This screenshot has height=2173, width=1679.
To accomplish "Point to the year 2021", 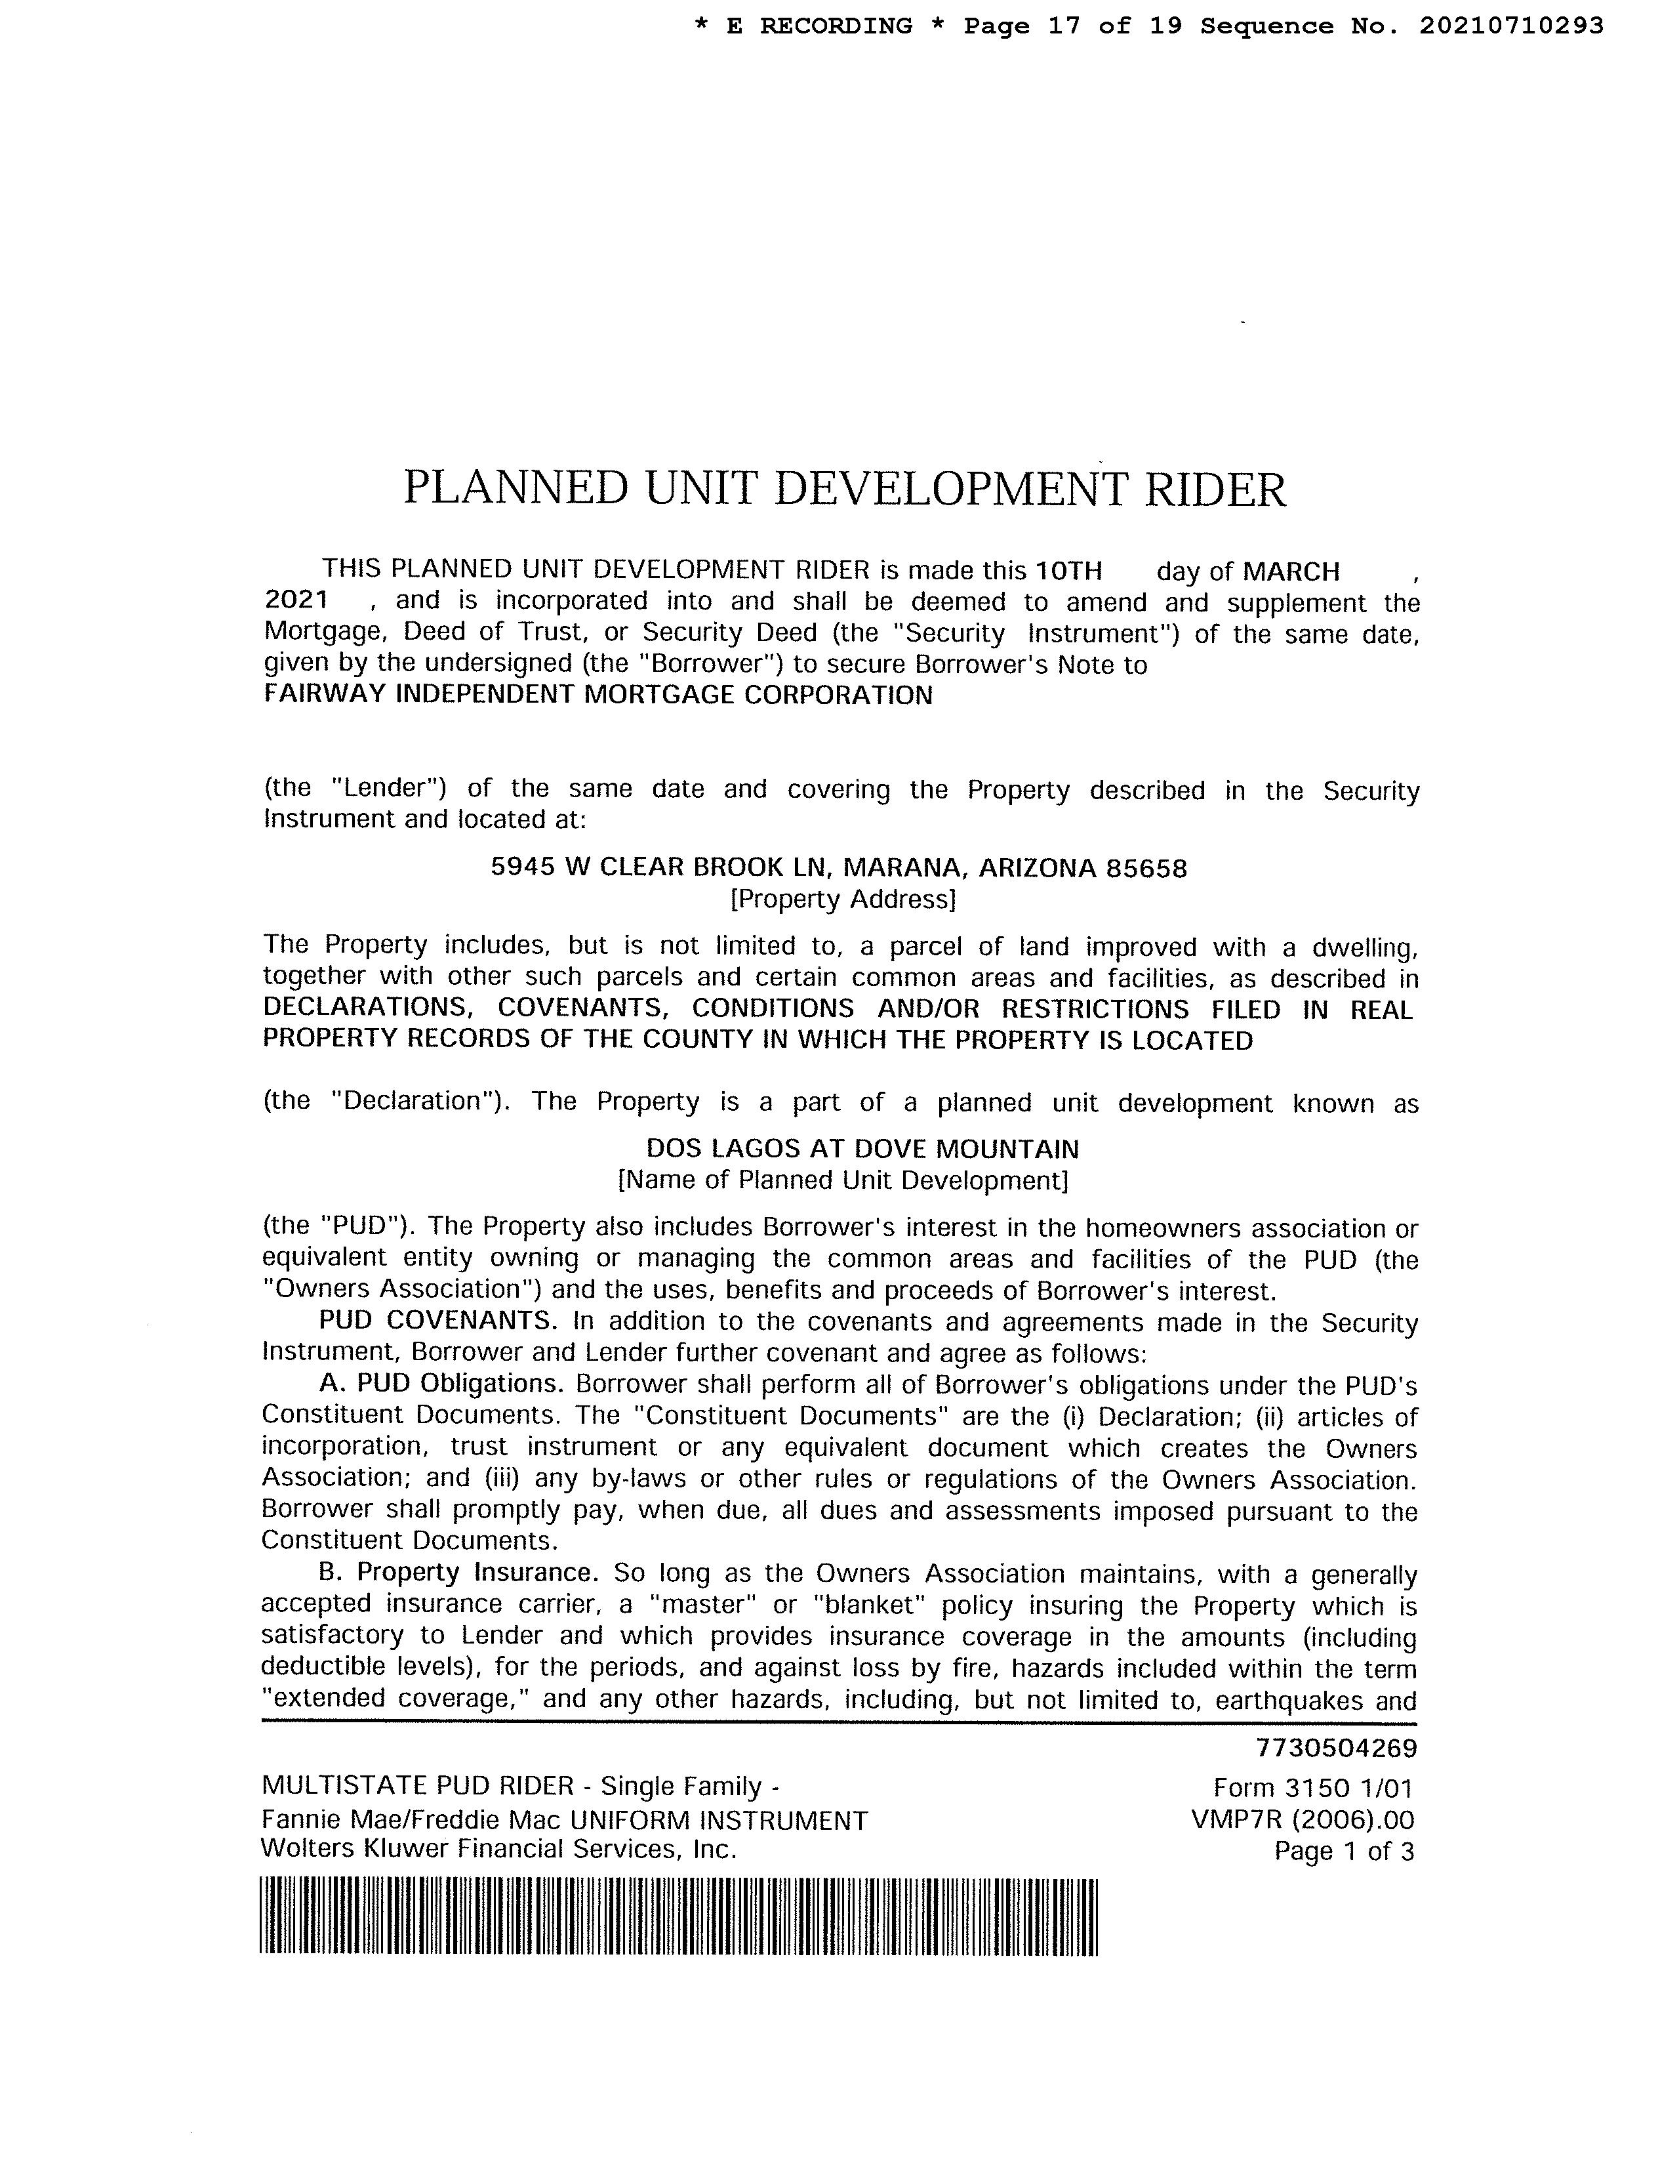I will tap(295, 601).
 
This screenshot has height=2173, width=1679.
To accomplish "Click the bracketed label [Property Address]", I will tap(843, 900).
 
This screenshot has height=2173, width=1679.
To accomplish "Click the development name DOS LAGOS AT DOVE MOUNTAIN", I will tap(862, 1149).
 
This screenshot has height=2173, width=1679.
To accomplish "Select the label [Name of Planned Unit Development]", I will tap(843, 1181).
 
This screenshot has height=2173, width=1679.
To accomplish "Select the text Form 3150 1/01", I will tap(1313, 1788).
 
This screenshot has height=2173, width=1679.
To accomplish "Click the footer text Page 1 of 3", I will tap(1344, 1852).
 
